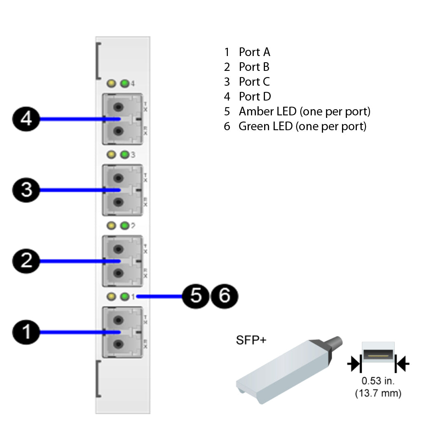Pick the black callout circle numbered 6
tap(224, 296)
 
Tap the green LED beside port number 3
tap(124, 155)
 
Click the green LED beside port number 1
tap(124, 296)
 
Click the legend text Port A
tap(254, 52)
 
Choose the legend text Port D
tap(255, 96)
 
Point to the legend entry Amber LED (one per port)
tap(304, 111)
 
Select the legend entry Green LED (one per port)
tap(302, 126)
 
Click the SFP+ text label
tap(251, 340)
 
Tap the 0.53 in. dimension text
tap(378, 381)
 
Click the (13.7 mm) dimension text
tap(378, 393)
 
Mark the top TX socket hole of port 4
tap(119, 108)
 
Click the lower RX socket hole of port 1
tap(119, 344)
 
